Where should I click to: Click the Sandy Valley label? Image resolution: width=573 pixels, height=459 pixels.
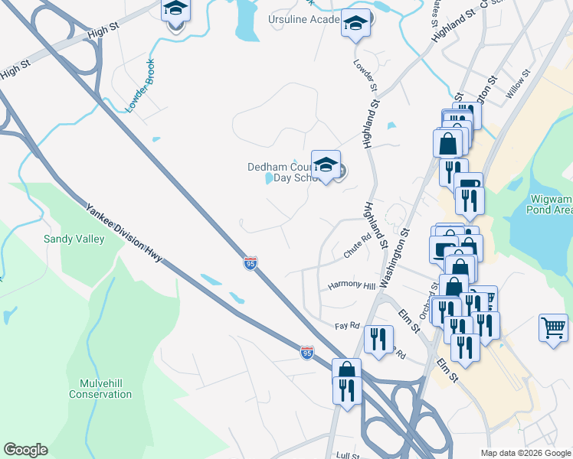tap(74, 239)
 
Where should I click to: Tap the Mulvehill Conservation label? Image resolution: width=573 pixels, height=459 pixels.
tap(100, 389)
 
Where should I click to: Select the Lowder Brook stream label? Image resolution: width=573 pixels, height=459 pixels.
tap(140, 86)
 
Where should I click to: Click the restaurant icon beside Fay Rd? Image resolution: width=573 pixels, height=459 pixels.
tap(378, 337)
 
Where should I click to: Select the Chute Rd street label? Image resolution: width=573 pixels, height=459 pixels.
tap(357, 246)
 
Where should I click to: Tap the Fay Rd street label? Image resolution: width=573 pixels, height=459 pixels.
tap(347, 326)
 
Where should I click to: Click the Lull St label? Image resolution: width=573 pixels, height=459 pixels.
tap(348, 455)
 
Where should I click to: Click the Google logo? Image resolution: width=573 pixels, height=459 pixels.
tap(25, 450)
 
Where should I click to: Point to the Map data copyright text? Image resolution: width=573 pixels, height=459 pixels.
tap(525, 453)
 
